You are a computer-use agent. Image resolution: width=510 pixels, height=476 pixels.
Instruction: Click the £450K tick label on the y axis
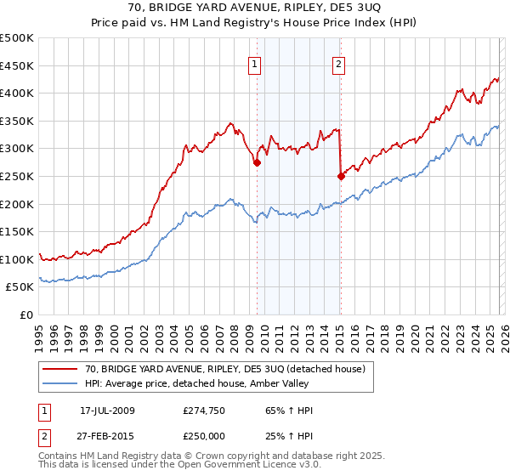click(x=17, y=65)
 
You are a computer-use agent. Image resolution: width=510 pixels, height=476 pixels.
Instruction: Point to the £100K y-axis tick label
click(x=17, y=259)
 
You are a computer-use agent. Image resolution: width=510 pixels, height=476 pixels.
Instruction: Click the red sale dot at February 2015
click(x=341, y=176)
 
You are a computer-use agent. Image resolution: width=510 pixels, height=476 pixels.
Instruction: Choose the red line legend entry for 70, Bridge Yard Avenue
click(x=224, y=369)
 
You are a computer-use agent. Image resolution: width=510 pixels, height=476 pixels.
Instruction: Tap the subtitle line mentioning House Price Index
click(x=254, y=24)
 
